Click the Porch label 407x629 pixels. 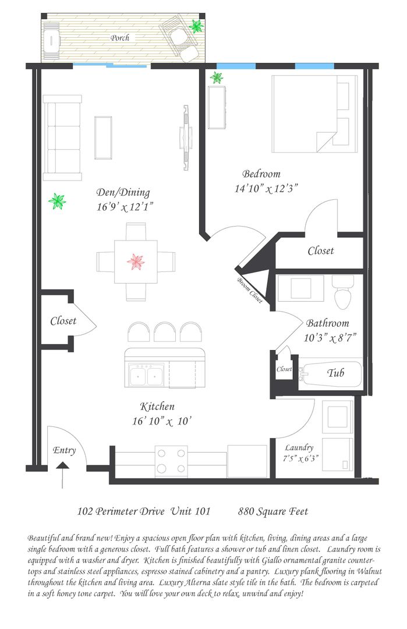pos(120,38)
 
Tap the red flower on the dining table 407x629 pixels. pos(136,262)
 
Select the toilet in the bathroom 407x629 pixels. pos(343,292)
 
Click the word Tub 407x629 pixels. pos(335,373)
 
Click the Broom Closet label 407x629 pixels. pos(250,290)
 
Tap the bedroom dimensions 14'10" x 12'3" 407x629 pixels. pos(266,188)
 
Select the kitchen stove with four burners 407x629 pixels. pos(171,461)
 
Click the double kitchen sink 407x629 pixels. pos(146,375)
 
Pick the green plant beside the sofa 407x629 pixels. pos(57,202)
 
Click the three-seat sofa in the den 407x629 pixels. pos(62,137)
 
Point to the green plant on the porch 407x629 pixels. pos(196,26)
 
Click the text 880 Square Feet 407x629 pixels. pos(273,511)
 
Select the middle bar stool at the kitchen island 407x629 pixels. pos(165,332)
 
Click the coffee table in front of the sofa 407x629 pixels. pos(103,137)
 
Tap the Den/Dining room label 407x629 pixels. pos(123,193)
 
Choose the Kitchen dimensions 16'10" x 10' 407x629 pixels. pos(162,421)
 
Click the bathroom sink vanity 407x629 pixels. pos(301,288)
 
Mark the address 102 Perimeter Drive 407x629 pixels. pos(121,511)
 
